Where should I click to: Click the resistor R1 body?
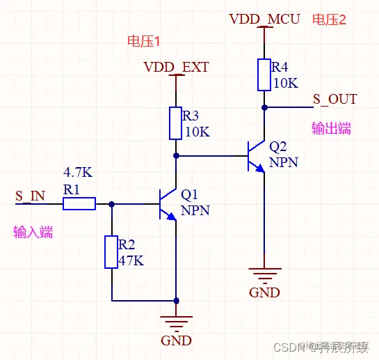coord(79,204)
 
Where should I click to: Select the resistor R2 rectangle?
coord(111,252)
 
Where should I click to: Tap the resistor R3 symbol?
coord(175,123)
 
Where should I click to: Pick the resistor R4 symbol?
coord(264,75)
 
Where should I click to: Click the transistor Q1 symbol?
coord(167,204)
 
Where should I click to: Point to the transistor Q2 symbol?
coord(256,157)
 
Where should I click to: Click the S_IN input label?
coord(30,196)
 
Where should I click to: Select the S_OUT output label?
coord(334,100)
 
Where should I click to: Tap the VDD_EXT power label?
coord(176,68)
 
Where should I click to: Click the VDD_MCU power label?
coord(264,19)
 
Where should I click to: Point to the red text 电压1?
coord(144,42)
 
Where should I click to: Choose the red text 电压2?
coord(329,19)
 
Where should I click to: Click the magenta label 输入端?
coord(33,233)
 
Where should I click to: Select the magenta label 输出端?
coord(331,129)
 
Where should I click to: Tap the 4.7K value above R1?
coord(78,172)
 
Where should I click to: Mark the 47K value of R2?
coord(131,260)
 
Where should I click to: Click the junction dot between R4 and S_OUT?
coord(264,108)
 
